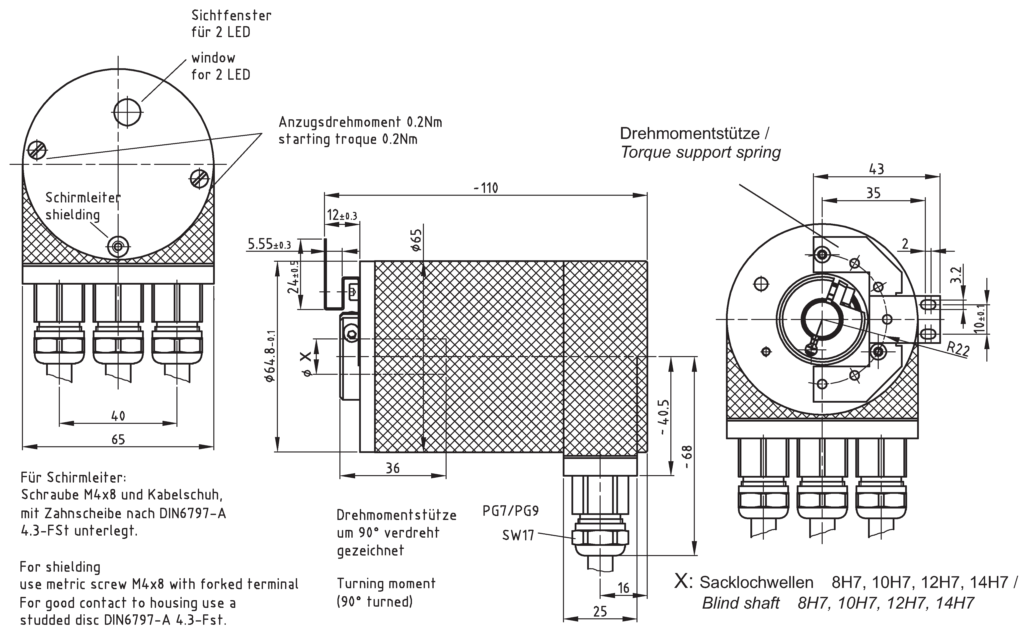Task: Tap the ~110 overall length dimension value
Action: click(x=486, y=188)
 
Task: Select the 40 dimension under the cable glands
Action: click(x=118, y=416)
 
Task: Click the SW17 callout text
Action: click(x=518, y=535)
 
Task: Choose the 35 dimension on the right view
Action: click(x=873, y=193)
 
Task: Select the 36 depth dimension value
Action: click(x=393, y=468)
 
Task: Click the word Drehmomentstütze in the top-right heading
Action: click(x=690, y=133)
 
